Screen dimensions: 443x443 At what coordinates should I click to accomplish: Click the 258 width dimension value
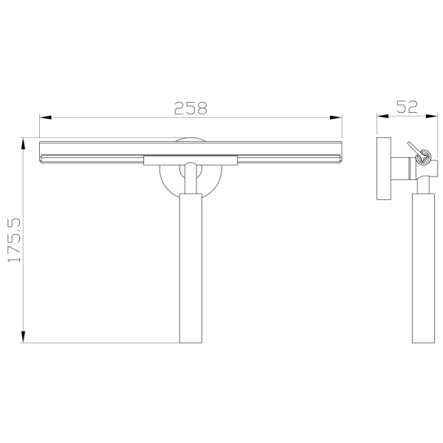190,108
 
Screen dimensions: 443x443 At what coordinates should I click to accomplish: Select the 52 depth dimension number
407,106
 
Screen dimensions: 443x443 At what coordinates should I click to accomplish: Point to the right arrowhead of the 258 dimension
338,117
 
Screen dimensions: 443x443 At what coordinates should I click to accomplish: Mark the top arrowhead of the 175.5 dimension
24,142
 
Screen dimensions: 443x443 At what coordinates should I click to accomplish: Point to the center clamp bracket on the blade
190,159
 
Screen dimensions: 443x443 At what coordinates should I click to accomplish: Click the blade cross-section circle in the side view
424,154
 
